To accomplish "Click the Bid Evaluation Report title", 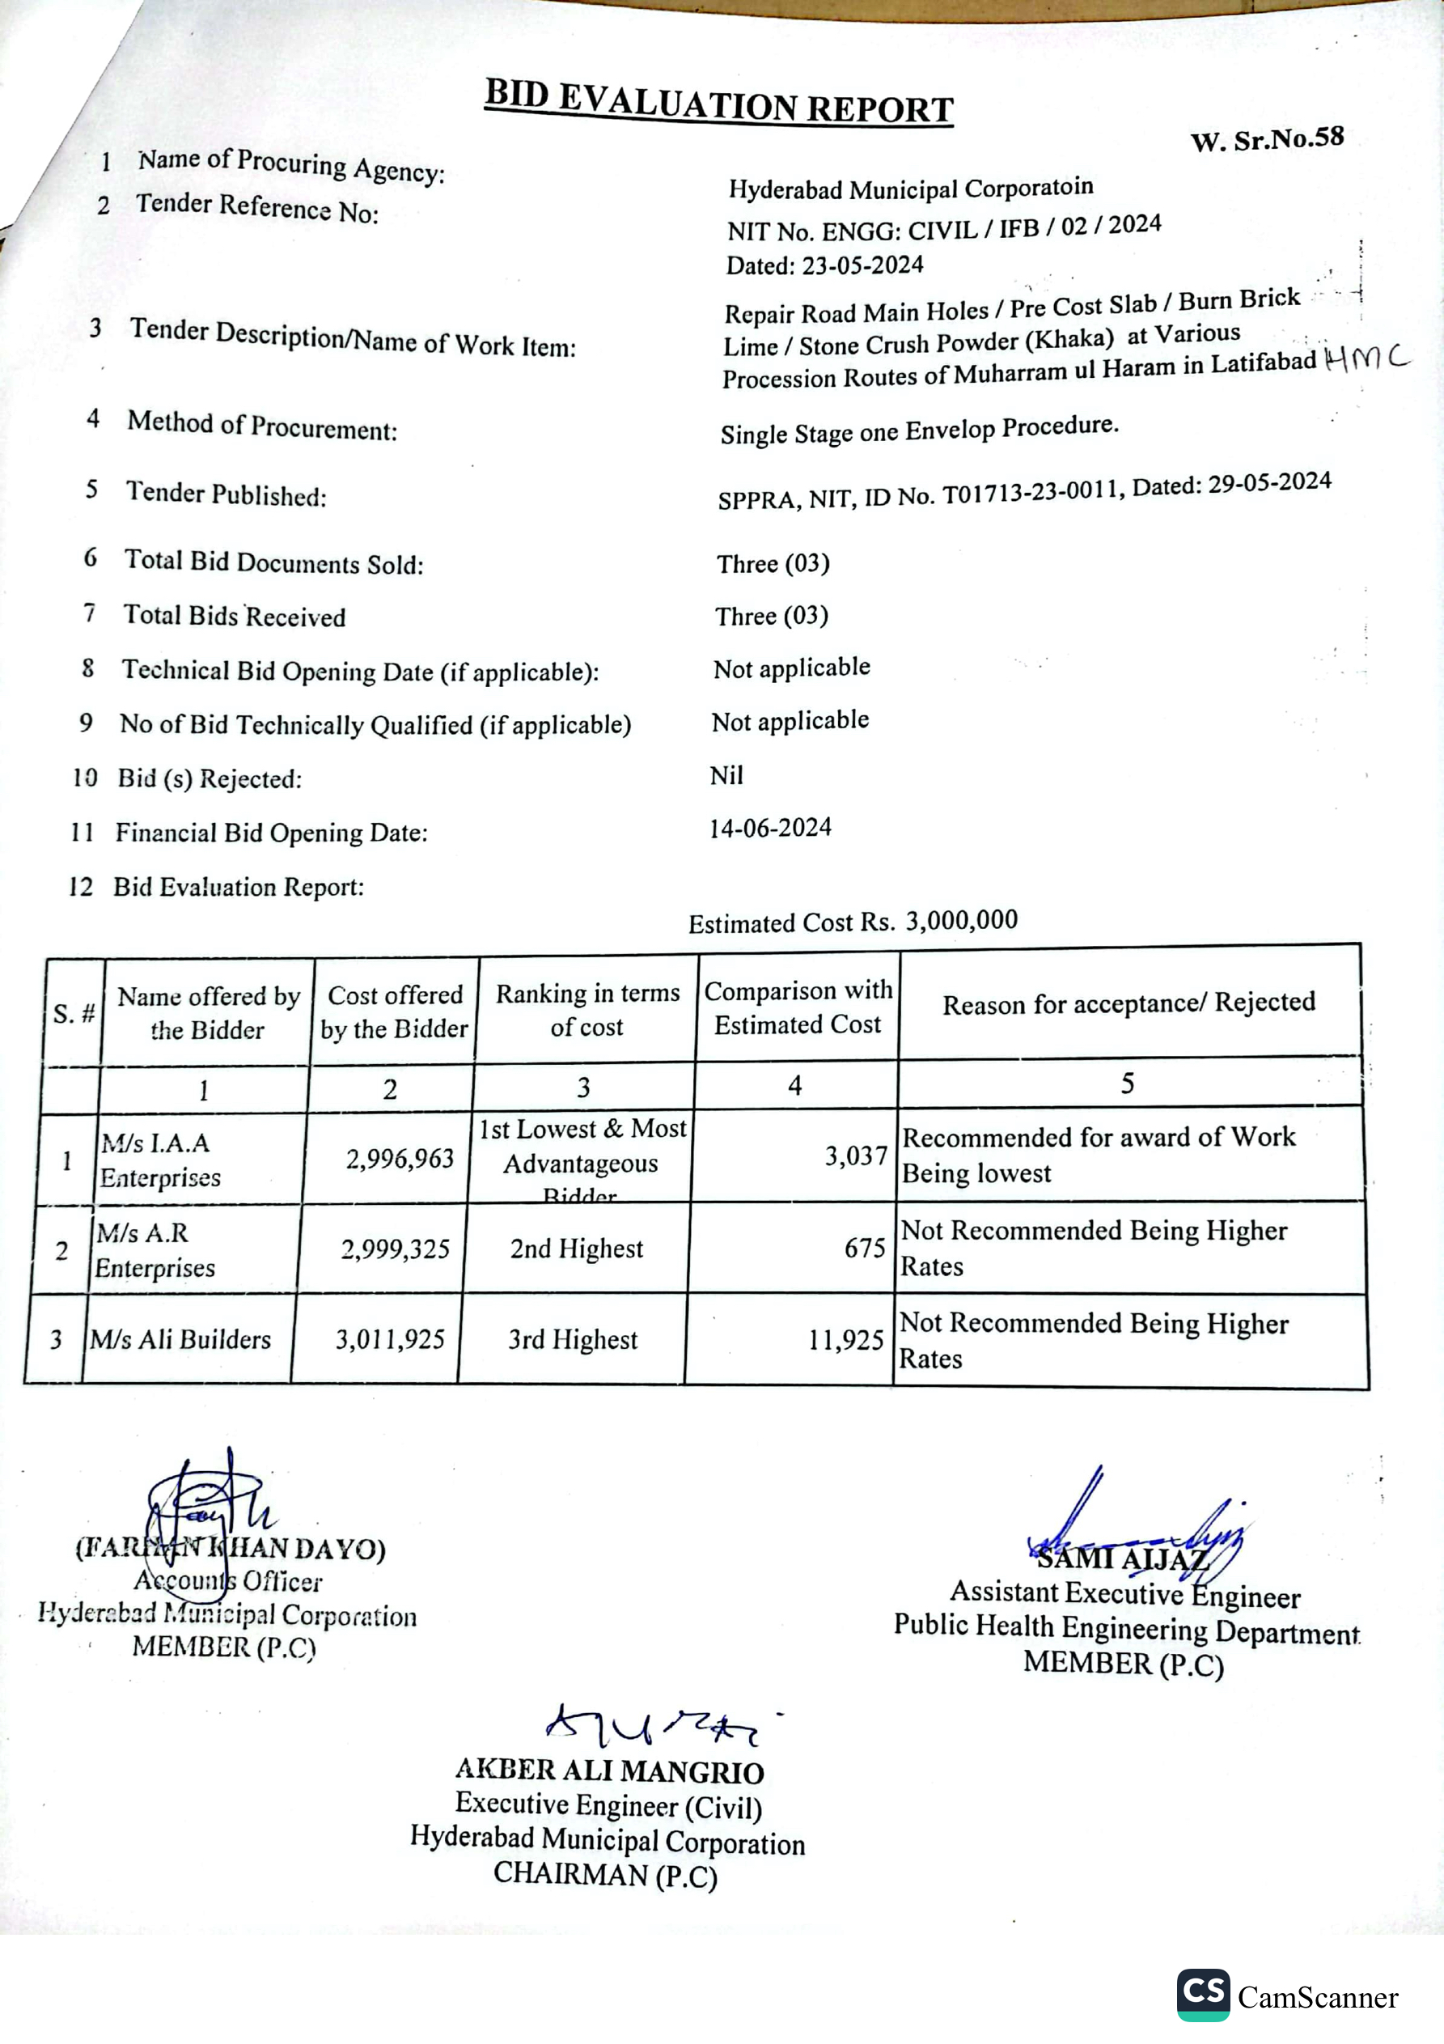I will point(718,101).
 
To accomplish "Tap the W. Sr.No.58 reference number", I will point(1266,140).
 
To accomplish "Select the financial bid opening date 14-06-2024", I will point(770,828).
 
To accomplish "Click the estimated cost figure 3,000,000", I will point(962,919).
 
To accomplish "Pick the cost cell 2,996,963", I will point(400,1158).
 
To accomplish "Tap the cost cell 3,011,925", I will point(390,1339).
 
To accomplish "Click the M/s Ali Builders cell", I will point(180,1339).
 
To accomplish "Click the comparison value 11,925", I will point(845,1340).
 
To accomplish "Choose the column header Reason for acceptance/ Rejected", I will point(1128,1003).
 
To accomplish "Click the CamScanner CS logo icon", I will point(1203,1994).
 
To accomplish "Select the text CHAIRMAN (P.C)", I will point(605,1874).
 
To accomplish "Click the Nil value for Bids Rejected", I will point(726,775).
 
